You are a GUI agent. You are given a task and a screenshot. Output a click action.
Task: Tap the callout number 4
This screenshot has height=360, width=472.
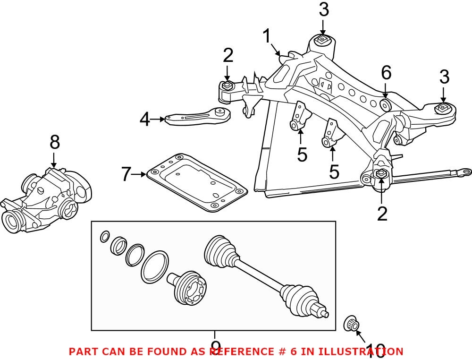[144, 120]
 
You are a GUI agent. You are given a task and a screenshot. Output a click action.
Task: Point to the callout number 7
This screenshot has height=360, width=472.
[125, 175]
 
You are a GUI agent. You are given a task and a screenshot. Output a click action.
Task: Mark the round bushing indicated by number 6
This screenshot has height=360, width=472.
[385, 103]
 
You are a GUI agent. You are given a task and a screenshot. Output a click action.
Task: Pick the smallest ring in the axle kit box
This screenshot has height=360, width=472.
[105, 236]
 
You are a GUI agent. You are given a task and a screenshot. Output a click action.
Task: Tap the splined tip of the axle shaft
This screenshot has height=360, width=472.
[325, 313]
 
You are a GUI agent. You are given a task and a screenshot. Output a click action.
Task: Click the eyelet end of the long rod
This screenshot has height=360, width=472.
[466, 171]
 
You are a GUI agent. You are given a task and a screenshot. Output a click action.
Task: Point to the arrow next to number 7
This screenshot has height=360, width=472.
[139, 175]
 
